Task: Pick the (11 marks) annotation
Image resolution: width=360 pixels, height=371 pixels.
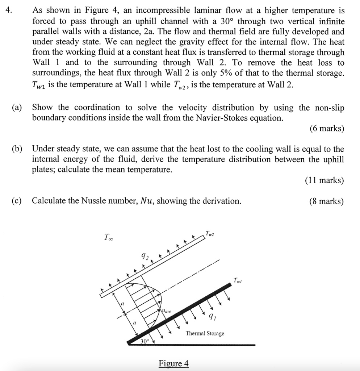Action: point(325,180)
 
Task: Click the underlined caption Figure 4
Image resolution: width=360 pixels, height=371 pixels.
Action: point(174,363)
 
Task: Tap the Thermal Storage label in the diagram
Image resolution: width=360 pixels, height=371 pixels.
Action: point(205,333)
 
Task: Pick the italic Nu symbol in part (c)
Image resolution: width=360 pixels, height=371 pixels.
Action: point(146,201)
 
